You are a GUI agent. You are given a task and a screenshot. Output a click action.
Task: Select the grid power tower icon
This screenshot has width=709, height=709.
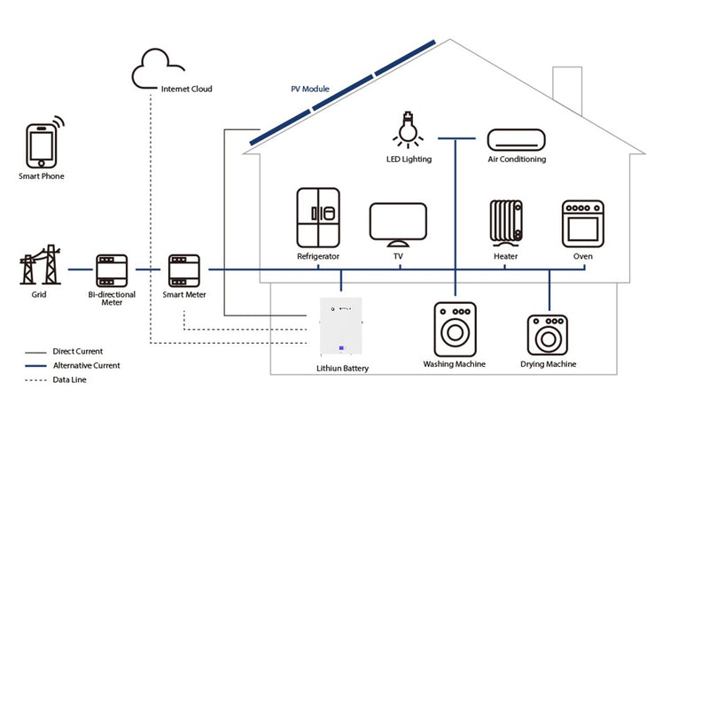point(41,265)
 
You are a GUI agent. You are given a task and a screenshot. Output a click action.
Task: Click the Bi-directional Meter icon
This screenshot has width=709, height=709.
point(112,269)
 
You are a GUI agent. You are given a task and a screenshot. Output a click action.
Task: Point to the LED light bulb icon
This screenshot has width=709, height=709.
point(408,130)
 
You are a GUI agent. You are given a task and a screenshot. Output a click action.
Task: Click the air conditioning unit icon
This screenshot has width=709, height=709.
point(517,139)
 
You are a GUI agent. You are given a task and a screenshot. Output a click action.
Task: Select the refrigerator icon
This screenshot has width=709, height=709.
point(318,218)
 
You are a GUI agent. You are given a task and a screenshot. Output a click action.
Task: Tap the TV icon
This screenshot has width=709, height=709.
point(398,223)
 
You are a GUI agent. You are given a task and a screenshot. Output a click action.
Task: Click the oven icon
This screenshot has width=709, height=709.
point(582,223)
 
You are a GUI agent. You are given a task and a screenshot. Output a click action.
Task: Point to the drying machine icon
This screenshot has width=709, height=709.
point(548,335)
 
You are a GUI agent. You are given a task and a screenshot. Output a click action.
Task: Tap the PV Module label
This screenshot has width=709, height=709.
point(310,90)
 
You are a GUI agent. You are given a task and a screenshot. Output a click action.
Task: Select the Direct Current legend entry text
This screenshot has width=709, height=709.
point(78,352)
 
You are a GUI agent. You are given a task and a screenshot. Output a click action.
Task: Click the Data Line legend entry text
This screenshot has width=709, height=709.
point(70,379)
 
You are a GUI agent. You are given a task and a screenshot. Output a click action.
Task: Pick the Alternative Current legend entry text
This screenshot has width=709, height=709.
point(86,365)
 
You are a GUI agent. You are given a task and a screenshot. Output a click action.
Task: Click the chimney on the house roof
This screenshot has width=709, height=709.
point(566,86)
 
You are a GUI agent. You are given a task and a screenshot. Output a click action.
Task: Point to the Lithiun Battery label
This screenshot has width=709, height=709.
point(342,368)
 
